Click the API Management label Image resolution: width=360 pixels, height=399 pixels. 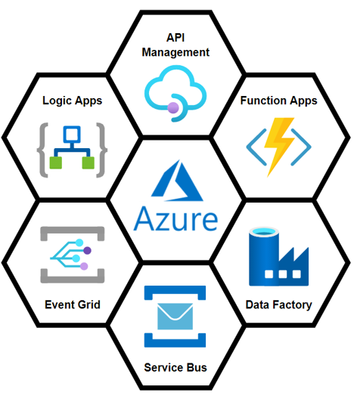(175, 45)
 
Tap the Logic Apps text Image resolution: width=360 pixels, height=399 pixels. (73, 101)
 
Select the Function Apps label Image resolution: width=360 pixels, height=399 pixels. (279, 101)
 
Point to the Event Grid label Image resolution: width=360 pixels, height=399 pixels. (73, 305)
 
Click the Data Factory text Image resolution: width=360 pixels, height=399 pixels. (279, 305)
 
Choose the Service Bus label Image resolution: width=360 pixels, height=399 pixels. (175, 367)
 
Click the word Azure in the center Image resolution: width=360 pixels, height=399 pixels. (175, 218)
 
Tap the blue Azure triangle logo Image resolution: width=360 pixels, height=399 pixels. (177, 181)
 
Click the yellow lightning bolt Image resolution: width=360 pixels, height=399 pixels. (279, 147)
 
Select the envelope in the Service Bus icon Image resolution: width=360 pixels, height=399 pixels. (175, 317)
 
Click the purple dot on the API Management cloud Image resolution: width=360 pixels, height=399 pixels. (173, 107)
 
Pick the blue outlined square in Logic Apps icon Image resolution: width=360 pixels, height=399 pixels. (72, 134)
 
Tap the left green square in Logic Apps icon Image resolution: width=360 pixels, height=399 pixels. (56, 163)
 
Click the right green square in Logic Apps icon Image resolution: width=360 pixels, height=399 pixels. (88, 163)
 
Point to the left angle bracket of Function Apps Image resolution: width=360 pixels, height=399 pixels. (256, 147)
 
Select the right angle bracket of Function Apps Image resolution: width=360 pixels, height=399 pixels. (301, 147)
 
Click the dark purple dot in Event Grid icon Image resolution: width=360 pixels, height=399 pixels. (87, 251)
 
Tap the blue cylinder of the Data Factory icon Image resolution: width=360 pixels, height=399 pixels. (264, 255)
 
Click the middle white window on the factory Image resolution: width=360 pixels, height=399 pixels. (283, 274)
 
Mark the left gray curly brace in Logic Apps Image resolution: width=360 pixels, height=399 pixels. (42, 150)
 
